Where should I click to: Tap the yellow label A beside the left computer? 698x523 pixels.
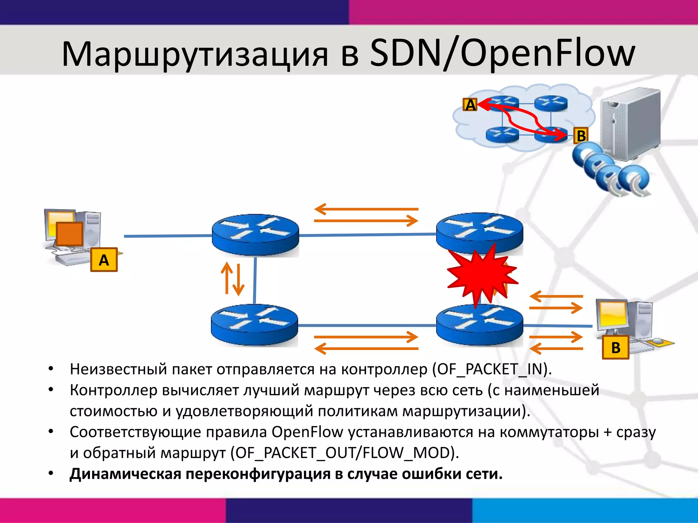(104, 260)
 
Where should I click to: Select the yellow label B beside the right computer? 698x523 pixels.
(616, 347)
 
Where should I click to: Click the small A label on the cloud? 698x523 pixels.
(470, 105)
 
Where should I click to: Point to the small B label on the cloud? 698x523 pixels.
(581, 136)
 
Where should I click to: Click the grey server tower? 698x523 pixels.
(631, 124)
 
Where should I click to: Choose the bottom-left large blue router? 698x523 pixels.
(254, 325)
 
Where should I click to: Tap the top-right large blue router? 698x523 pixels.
(480, 233)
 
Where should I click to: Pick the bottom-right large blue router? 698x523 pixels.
(480, 325)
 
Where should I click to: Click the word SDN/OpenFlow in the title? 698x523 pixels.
(502, 54)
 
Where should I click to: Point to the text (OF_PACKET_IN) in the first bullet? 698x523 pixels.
(491, 369)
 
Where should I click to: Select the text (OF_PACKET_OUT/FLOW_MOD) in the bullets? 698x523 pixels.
(344, 453)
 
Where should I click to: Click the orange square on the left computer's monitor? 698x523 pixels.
(70, 234)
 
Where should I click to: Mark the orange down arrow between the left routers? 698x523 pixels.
(239, 280)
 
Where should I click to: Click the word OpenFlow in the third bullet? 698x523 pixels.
(307, 432)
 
